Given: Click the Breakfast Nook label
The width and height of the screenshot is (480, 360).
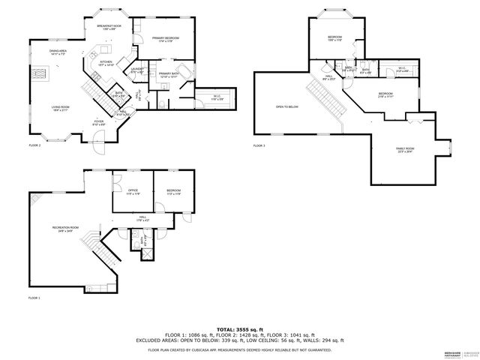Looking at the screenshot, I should (108, 27).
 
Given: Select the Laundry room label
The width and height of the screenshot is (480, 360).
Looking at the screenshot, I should (137, 70).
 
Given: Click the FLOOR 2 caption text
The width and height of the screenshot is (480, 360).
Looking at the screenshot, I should (34, 145).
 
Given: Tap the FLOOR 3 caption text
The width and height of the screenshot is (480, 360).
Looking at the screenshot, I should (259, 145).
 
